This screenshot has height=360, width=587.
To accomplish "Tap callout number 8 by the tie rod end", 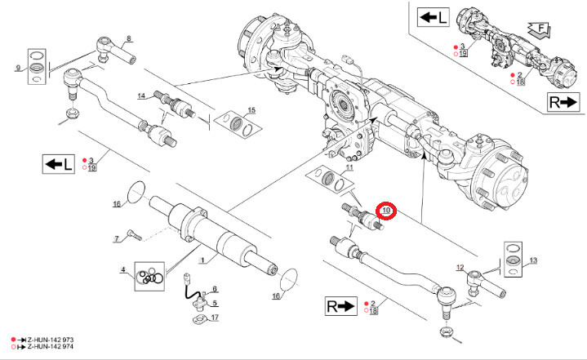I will (128, 38).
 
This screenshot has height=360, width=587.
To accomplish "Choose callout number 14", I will (141, 96).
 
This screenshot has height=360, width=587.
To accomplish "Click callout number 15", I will (251, 110).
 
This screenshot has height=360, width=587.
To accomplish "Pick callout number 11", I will (349, 167).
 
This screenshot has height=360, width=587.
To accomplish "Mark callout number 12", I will (460, 268).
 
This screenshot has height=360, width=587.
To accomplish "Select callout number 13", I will (534, 260).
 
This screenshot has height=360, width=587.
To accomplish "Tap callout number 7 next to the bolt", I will (117, 238).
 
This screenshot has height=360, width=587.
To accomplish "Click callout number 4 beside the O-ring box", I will (123, 270).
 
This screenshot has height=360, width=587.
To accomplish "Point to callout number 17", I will (215, 318).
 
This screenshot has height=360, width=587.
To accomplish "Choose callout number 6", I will (215, 289).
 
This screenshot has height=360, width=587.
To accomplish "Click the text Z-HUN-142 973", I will (50, 338).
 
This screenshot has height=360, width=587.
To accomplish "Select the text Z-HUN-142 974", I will (50, 346).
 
